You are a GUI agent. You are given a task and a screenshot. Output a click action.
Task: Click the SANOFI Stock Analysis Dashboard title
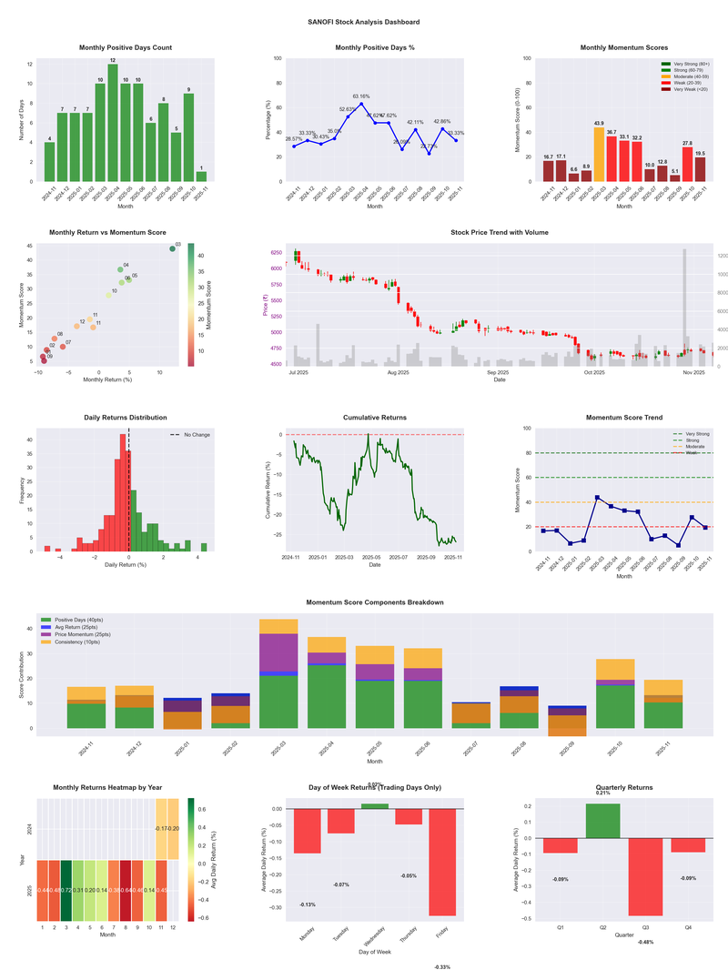point(363,22)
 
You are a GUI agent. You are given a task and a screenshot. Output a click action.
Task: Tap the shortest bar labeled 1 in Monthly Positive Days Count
point(201,177)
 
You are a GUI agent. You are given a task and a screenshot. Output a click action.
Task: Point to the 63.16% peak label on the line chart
point(360,96)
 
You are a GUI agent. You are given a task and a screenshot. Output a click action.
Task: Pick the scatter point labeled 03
point(173,249)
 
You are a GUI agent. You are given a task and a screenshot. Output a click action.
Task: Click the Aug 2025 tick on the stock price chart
point(398,372)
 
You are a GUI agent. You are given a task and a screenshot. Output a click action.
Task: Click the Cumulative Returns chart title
point(375,418)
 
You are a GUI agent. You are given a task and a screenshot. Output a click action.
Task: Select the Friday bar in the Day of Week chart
point(442,862)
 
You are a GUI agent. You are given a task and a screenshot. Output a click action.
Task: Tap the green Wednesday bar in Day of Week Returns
point(374,806)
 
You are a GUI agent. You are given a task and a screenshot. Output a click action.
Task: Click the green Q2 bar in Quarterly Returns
point(602,821)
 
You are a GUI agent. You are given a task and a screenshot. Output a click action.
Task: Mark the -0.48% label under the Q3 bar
point(645,942)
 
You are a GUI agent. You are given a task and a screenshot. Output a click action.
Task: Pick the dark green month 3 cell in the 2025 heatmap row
point(66,889)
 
